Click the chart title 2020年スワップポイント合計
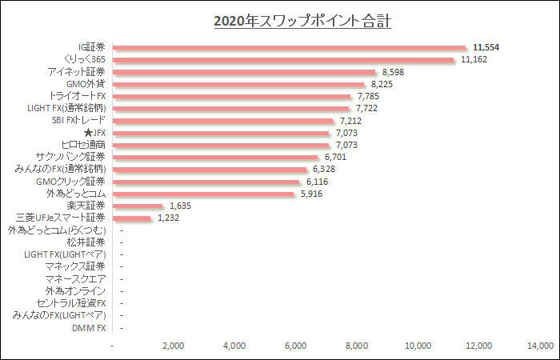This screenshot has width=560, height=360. pos(302,21)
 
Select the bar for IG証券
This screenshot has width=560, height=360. pos(290,47)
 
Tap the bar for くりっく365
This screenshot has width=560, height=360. pos(283,59)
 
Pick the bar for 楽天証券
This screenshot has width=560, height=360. pos(138,206)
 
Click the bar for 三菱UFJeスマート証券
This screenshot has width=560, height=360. pos(132,218)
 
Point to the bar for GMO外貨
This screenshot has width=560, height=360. pos(238,84)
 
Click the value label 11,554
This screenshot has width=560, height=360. pos(486,47)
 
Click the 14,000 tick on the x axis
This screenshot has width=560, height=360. pos(540,346)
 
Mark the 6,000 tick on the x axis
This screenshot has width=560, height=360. pos(296,346)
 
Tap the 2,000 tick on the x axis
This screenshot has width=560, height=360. pos(174,346)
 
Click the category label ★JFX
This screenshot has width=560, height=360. pos(94,133)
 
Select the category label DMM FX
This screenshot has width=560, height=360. pos(89,328)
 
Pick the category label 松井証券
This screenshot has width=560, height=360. pos(86,242)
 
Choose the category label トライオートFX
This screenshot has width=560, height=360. pos(78,96)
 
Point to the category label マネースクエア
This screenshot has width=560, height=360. pos(76,279)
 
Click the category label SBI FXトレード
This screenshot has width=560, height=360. pos(73,121)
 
